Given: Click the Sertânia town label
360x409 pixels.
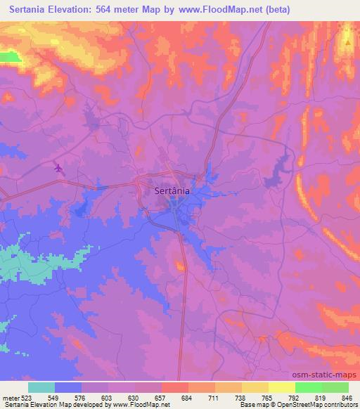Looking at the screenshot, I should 172,190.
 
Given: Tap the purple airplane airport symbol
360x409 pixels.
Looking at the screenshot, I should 58,167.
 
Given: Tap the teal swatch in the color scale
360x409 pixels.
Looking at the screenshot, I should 41,387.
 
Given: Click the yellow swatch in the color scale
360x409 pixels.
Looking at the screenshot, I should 282,387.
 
